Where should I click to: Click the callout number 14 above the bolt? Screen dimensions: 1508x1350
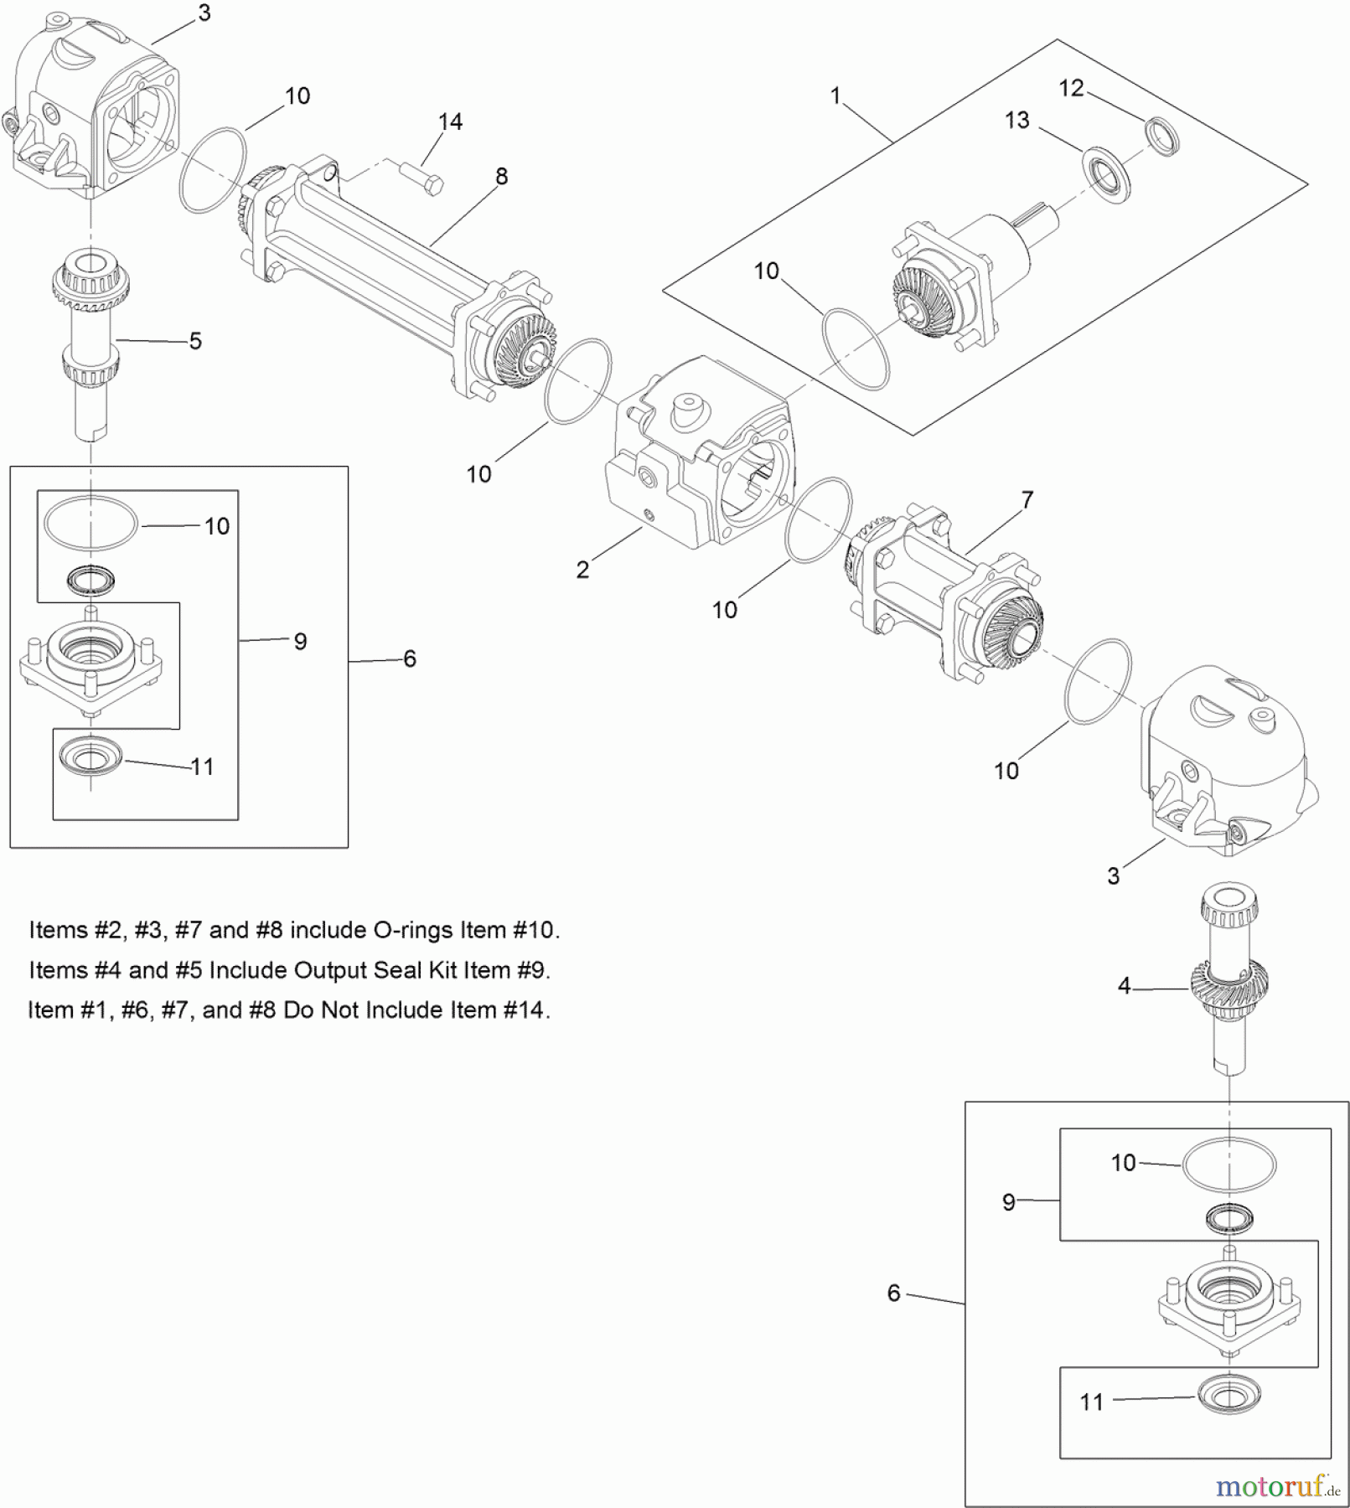pyautogui.click(x=450, y=122)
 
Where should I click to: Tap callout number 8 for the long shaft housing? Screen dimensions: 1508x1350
pyautogui.click(x=501, y=177)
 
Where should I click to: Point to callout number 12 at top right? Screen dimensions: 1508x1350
pyautogui.click(x=1071, y=89)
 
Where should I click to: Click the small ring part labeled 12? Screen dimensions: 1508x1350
pyautogui.click(x=1162, y=137)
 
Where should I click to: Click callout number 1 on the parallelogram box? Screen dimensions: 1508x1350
pyautogui.click(x=835, y=96)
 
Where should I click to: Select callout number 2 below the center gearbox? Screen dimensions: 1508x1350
pyautogui.click(x=582, y=570)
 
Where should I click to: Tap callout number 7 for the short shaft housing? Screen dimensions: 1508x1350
pyautogui.click(x=1027, y=500)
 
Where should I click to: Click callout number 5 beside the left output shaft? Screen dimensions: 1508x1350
pyautogui.click(x=195, y=341)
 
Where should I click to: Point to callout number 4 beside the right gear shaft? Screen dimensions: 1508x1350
pyautogui.click(x=1125, y=986)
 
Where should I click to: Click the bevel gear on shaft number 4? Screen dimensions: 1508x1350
pyautogui.click(x=1229, y=980)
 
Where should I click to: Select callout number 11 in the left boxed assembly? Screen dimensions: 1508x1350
pyautogui.click(x=202, y=767)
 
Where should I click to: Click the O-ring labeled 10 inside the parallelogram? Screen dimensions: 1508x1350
pyautogui.click(x=856, y=349)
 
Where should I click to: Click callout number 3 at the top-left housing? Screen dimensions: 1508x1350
pyautogui.click(x=204, y=13)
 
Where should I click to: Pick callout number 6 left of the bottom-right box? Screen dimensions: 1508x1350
pyautogui.click(x=894, y=1294)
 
